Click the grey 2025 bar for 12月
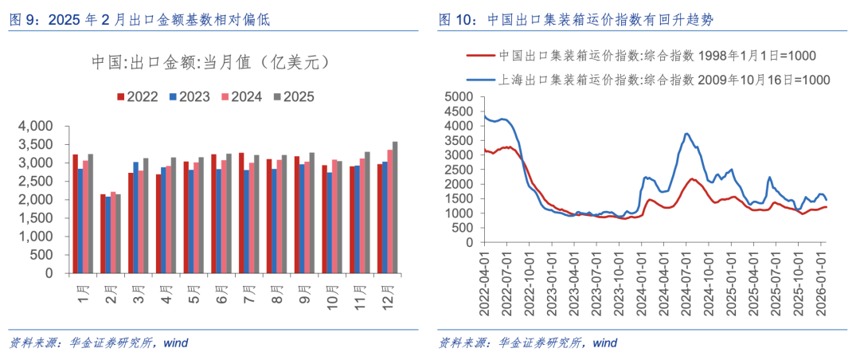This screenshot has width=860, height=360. click(x=395, y=207)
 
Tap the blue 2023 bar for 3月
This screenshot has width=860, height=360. click(x=136, y=217)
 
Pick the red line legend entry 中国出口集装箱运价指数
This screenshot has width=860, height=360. click(x=637, y=56)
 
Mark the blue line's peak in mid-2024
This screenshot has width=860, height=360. click(x=687, y=134)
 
